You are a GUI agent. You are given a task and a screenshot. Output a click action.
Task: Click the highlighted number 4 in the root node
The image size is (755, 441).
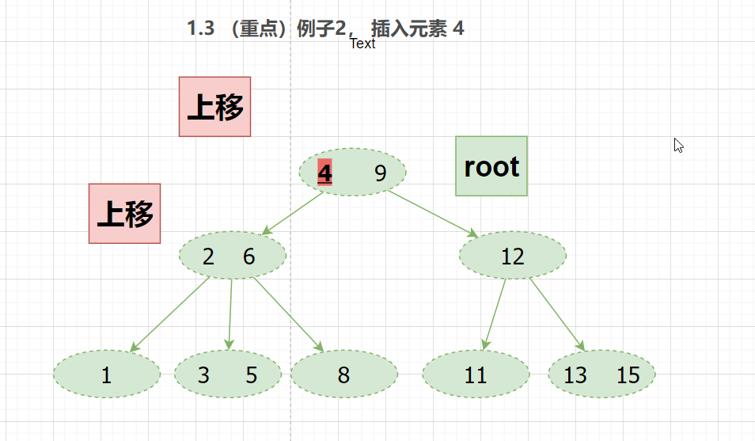pos(324,173)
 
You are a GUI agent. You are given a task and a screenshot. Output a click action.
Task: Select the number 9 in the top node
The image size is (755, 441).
pos(381,173)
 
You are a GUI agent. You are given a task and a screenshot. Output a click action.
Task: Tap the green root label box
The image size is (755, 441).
pos(491,166)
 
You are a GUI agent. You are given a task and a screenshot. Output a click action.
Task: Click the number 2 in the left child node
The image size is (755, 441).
pos(208,257)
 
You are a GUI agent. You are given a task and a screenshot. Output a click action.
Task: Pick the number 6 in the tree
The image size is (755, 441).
pos(249,257)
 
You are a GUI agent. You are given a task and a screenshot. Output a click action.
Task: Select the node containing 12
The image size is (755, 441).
pos(513,256)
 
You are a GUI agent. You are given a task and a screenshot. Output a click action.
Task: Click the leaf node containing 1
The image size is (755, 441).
pos(107,374)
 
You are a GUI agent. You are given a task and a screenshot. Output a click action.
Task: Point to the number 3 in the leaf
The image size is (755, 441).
pos(203,374)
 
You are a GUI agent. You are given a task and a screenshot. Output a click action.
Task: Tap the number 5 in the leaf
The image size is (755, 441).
pos(252,374)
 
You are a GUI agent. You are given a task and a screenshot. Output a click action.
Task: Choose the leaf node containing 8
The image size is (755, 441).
pos(343,374)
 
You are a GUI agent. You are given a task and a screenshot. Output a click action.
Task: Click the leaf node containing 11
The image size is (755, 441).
pos(476,374)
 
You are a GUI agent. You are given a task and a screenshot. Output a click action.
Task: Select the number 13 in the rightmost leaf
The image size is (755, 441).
pos(575,374)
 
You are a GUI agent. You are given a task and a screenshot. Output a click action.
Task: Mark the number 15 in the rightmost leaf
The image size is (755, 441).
pos(628,374)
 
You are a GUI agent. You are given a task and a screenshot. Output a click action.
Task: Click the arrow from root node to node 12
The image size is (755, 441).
pos(431,213)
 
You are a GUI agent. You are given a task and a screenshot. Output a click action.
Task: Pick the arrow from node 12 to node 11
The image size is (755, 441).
pos(495,314)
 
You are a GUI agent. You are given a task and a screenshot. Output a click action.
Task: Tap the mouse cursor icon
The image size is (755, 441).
pos(678,145)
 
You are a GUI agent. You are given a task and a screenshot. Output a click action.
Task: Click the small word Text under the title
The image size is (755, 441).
pos(362,44)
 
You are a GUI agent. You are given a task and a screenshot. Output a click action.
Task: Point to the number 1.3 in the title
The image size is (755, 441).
pos(201,29)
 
